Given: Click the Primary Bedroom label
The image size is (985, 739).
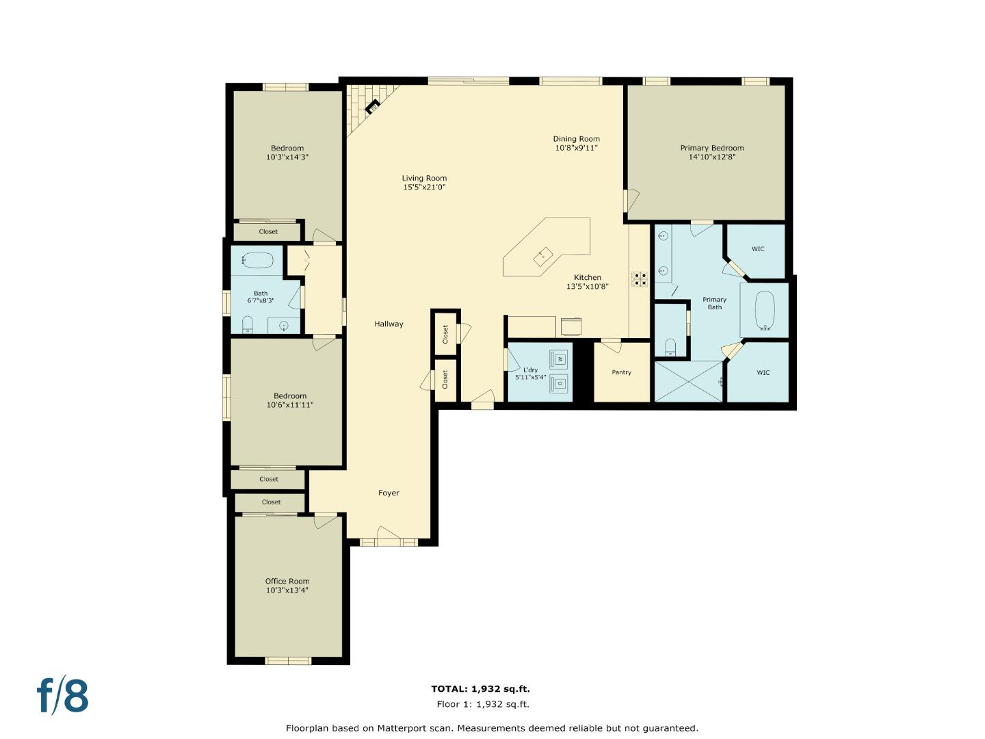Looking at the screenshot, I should click(x=711, y=148).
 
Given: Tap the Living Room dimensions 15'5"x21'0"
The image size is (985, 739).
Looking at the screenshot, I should click(x=424, y=187).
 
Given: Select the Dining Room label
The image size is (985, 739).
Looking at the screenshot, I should click(x=576, y=139).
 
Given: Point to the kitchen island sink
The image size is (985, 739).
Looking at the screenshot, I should click(x=544, y=256).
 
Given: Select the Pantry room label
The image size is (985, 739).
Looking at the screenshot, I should click(x=621, y=373).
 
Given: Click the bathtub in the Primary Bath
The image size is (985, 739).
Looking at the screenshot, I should click(x=764, y=311).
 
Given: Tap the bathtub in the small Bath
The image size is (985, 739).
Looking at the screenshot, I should click(x=258, y=261).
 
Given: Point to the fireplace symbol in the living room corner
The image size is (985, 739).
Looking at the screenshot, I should click(x=373, y=107).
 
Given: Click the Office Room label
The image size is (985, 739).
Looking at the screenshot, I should click(x=287, y=581).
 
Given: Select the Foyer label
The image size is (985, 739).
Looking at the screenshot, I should click(x=389, y=493).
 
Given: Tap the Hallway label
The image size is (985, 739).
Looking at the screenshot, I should click(x=389, y=324).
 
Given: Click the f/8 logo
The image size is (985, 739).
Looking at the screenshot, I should click(x=62, y=696).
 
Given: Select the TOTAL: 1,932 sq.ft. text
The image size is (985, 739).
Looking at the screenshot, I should click(x=480, y=689).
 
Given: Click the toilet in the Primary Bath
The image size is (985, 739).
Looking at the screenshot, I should click(x=670, y=347).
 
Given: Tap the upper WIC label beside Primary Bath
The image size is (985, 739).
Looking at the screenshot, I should click(x=758, y=249).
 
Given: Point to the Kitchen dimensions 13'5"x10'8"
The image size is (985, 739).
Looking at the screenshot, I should click(x=587, y=287).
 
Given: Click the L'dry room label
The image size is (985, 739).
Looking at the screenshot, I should click(x=530, y=370).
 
